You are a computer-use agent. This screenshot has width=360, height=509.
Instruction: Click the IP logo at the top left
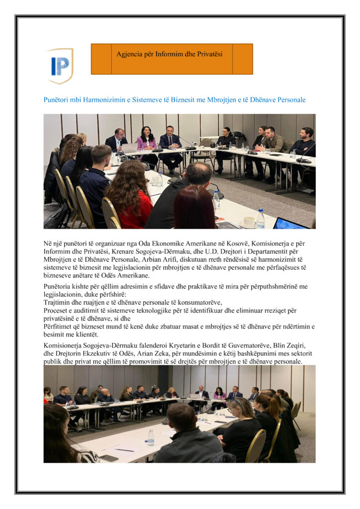pyautogui.click(x=60, y=65)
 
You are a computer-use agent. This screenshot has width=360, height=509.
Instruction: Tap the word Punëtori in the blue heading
pyautogui.click(x=57, y=100)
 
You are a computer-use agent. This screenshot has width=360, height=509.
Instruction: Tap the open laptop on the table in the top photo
pyautogui.click(x=129, y=148)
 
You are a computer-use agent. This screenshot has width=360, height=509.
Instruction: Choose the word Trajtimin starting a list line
pyautogui.click(x=59, y=302)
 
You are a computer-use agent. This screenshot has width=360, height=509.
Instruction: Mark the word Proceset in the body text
pyautogui.click(x=58, y=310)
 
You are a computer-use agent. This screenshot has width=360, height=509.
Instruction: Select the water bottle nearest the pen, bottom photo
pyautogui.click(x=150, y=437)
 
